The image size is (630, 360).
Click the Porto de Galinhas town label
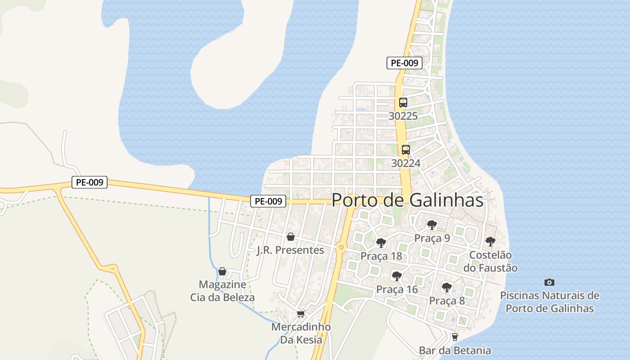point(407,201)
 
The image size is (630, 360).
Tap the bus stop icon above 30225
point(403,103)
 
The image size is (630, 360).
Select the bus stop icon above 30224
point(405,150)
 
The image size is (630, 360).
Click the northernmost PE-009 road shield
point(404,63)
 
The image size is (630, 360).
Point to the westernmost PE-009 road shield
point(89,182)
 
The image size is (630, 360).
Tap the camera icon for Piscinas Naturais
point(549,283)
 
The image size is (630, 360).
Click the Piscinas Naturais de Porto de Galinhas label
point(549,302)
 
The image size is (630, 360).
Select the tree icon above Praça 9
point(432,224)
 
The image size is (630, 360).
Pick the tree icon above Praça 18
point(381,243)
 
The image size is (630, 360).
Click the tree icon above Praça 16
point(396,276)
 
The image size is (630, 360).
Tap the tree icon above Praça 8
point(446,287)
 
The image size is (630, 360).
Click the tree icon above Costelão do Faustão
point(490,242)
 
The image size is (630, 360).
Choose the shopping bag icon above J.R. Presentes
point(291,237)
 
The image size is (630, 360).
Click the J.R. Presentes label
point(290,250)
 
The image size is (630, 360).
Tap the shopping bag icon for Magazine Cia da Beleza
point(222,271)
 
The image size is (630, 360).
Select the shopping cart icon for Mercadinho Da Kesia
point(301,314)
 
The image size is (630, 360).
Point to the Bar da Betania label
point(454,350)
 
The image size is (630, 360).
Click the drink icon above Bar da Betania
point(454,337)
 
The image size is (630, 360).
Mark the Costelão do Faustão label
point(490,261)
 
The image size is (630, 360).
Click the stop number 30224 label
point(405,163)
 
